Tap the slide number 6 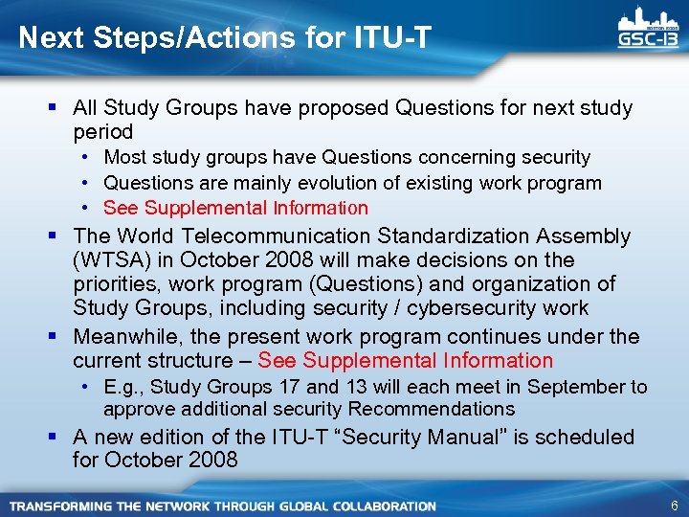pos(674,506)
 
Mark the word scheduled pos(585,437)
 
